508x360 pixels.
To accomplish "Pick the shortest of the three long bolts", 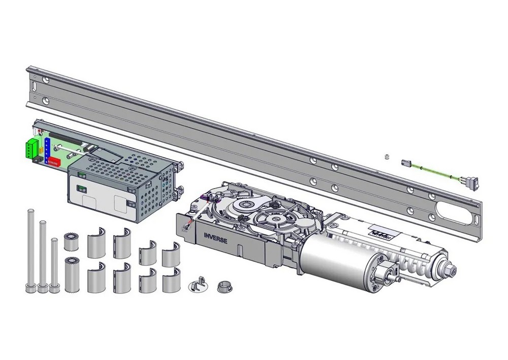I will click(54, 265).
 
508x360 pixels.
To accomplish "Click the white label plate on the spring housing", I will click(386, 231).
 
